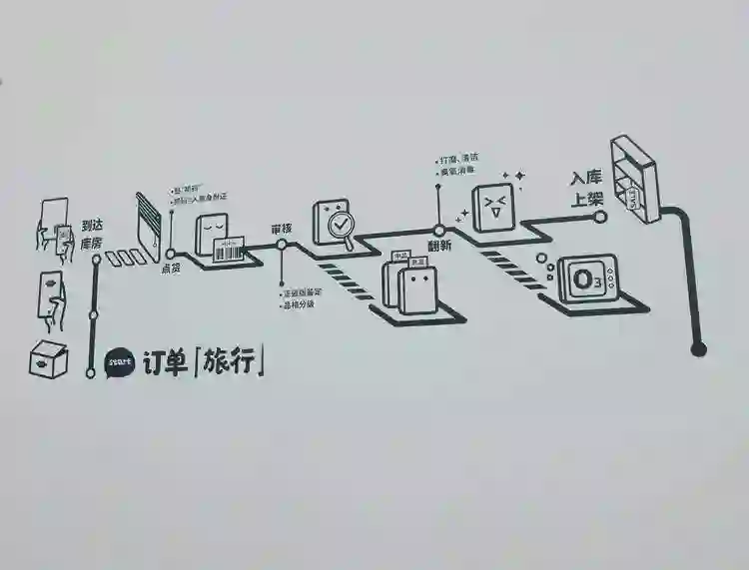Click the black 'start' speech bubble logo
click(x=118, y=361)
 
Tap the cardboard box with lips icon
click(x=48, y=359)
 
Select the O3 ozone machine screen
click(x=582, y=280)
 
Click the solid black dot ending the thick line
click(x=699, y=348)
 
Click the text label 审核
click(x=282, y=230)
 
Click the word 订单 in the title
click(x=163, y=361)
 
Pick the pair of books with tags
click(x=410, y=282)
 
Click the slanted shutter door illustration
click(x=150, y=222)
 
